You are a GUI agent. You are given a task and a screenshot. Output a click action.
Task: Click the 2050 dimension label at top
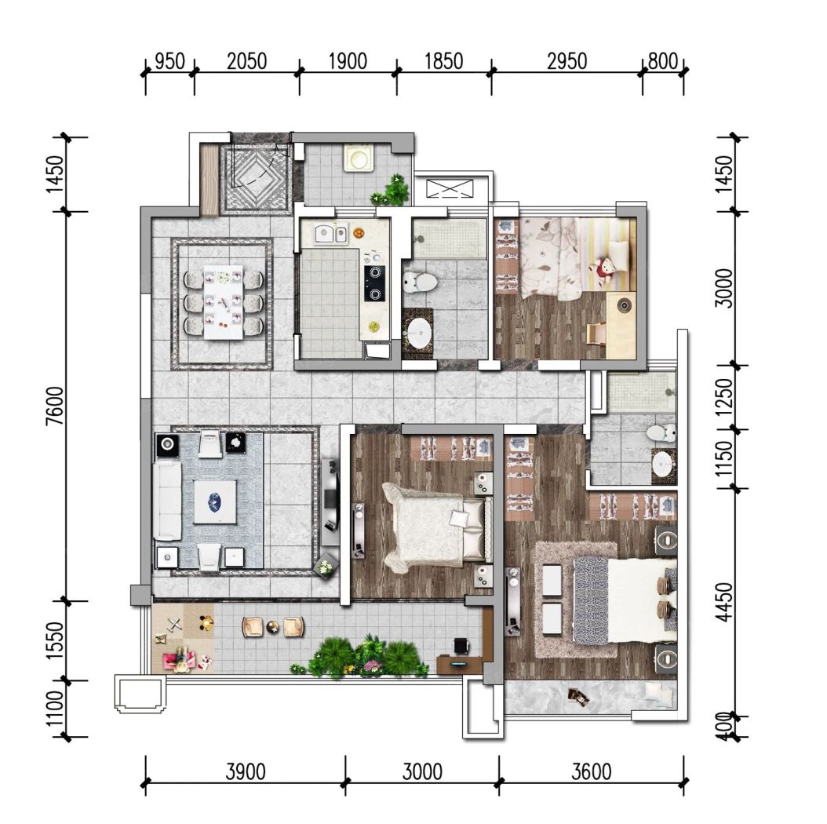(x=246, y=61)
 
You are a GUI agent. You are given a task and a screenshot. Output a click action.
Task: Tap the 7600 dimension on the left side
(x=55, y=406)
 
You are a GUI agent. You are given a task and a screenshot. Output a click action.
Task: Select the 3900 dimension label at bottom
(x=246, y=771)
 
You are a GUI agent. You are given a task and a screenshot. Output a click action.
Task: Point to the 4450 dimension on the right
(x=726, y=602)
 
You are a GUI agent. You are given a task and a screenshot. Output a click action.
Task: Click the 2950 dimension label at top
(x=567, y=61)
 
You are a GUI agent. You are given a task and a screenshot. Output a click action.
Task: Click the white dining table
(x=224, y=303)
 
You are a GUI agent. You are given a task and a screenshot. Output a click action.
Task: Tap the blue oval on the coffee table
(x=215, y=501)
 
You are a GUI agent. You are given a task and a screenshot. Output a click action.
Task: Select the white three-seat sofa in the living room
(x=167, y=501)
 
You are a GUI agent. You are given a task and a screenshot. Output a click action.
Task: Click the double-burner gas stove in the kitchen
(x=374, y=283)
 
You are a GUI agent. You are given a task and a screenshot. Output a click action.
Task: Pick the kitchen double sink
(x=330, y=234)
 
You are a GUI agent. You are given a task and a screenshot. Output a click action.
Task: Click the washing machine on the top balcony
(x=359, y=158)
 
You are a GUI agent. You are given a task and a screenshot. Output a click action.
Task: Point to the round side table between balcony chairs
(x=273, y=627)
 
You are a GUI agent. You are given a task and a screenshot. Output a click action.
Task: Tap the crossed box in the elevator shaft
(x=450, y=188)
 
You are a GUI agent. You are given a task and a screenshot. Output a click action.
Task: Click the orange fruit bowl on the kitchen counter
(x=359, y=232)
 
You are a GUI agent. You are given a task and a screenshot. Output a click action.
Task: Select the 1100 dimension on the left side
(x=55, y=709)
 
